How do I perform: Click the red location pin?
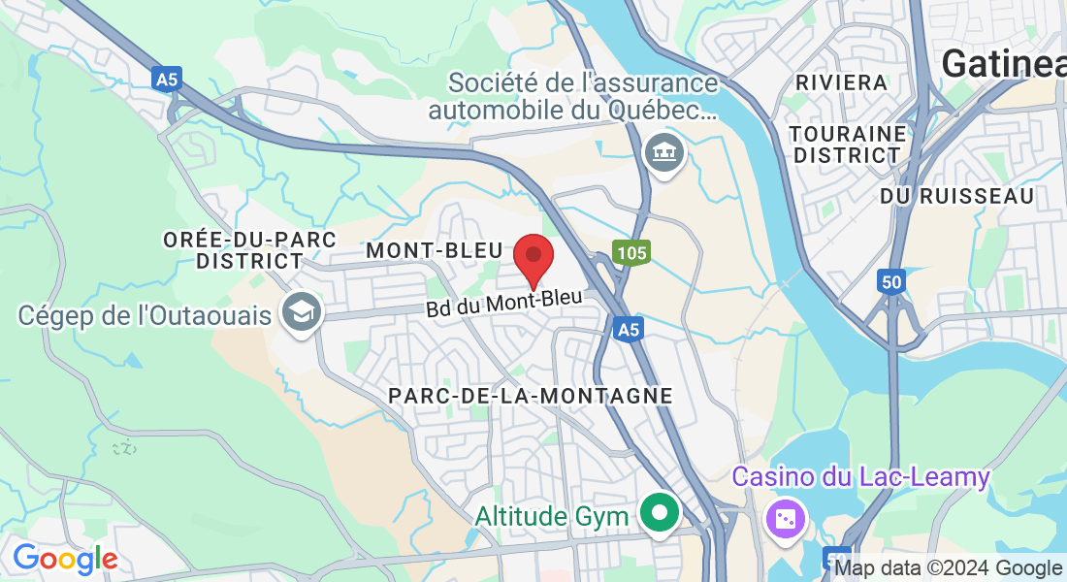[533, 258]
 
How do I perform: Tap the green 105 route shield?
[630, 253]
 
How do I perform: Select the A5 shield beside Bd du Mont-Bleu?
[629, 330]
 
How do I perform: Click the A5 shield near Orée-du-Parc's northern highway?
[166, 79]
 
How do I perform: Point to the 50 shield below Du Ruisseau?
[890, 281]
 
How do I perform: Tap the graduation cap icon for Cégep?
[301, 311]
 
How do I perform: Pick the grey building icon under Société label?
[664, 152]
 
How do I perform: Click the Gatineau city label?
[1003, 64]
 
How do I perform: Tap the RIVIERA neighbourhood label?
[842, 82]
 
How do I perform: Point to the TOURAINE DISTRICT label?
[848, 144]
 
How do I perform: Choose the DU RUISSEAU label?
[956, 196]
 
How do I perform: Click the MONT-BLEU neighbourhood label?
[434, 251]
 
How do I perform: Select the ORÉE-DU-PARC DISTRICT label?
[249, 250]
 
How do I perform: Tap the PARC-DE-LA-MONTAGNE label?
[531, 396]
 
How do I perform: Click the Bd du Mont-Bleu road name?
[504, 303]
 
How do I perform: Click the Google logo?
[65, 559]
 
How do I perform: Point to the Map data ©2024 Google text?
[948, 568]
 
